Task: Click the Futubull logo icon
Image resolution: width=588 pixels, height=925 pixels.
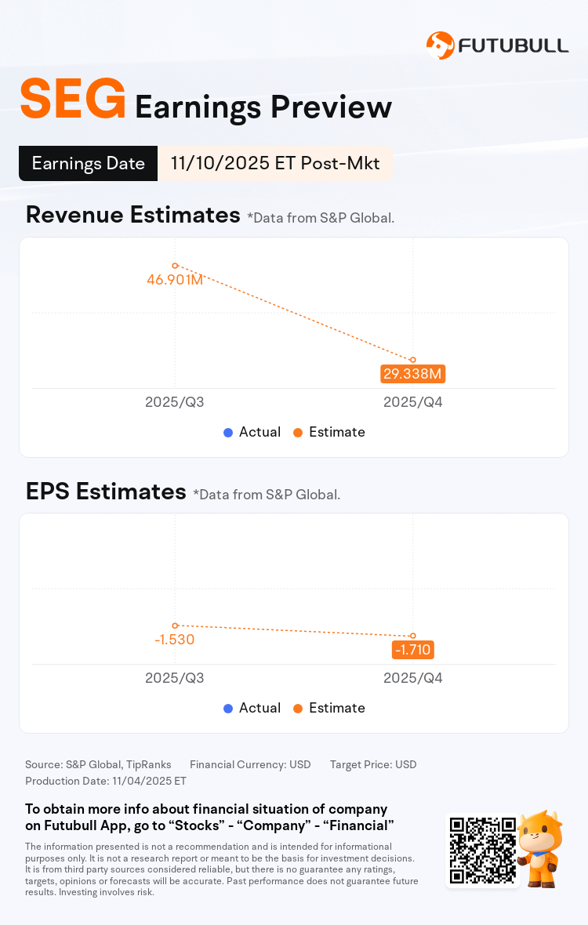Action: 440,45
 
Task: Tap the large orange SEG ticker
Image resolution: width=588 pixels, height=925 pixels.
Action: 73,100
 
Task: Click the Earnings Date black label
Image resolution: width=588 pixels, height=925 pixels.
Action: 88,163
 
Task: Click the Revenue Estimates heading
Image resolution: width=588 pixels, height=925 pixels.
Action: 132,215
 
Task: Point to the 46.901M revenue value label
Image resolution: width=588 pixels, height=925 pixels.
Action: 175,279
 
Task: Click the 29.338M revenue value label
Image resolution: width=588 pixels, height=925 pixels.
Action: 413,373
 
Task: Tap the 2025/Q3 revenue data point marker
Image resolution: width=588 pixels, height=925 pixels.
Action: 175,266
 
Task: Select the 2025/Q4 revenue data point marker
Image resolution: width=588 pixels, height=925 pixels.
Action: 413,360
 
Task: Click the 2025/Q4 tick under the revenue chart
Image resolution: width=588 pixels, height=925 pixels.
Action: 413,402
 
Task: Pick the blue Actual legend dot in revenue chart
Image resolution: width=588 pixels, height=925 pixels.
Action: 228,432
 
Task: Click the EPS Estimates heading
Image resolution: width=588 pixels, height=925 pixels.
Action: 105,492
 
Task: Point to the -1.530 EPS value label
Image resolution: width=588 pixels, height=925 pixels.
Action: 174,639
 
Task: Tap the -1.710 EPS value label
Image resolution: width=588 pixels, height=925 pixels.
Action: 413,649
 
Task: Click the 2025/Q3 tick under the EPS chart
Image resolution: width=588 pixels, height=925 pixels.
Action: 175,678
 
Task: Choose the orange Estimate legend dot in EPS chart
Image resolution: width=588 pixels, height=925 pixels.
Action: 298,708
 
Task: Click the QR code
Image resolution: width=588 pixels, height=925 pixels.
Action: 482,851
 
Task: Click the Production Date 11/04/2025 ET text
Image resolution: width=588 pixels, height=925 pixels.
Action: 106,781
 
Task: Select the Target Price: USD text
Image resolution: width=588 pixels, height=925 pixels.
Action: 373,764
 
